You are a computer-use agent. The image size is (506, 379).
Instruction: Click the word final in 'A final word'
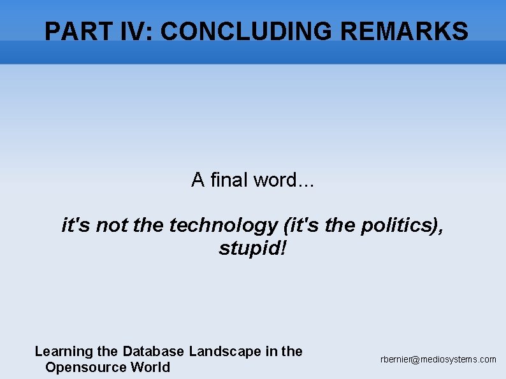(x=229, y=180)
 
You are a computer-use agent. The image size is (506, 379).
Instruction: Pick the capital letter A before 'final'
(x=198, y=180)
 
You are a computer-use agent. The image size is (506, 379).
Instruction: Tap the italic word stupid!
(x=252, y=248)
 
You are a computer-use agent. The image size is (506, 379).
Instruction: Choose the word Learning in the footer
(x=63, y=351)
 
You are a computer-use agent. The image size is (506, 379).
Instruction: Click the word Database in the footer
(x=153, y=351)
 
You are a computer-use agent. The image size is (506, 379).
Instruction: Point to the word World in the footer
(x=150, y=367)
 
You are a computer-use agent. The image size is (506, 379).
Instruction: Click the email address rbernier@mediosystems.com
(x=438, y=359)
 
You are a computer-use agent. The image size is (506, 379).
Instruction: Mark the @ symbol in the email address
(x=416, y=360)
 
